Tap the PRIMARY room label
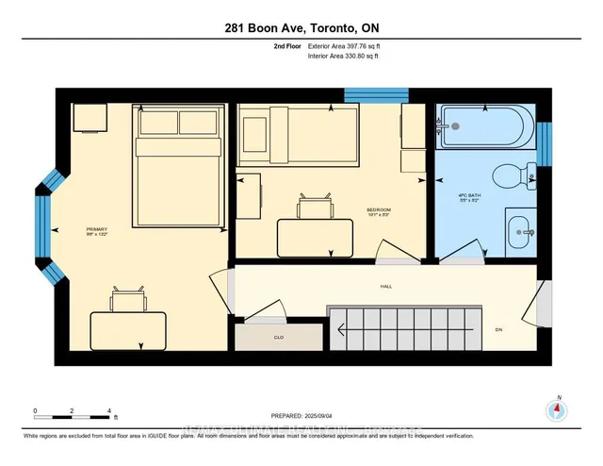[96, 229]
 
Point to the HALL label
[386, 287]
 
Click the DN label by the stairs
[500, 329]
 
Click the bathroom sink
[519, 229]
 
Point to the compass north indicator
[557, 409]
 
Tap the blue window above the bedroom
[363, 94]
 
